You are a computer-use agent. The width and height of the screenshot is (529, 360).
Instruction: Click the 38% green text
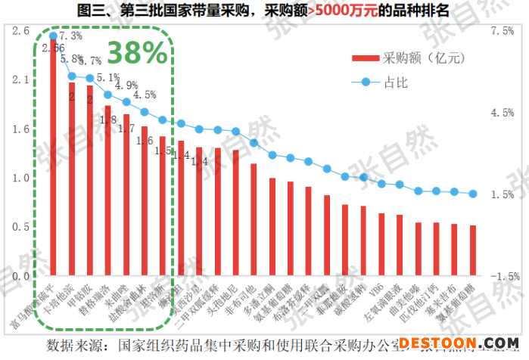tap(137, 52)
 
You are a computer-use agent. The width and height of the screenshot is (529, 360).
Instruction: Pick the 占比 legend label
tap(396, 82)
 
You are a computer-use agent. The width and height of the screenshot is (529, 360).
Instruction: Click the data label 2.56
tap(53, 48)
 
